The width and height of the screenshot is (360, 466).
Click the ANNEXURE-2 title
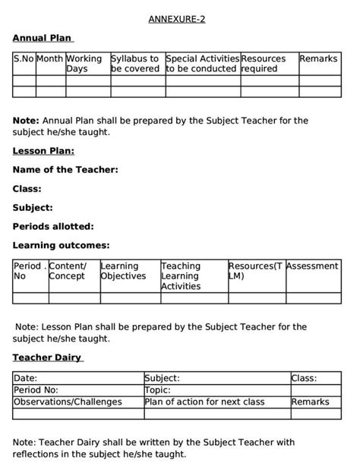177,19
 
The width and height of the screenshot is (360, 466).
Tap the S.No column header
24,58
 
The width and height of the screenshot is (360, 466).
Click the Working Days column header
84,64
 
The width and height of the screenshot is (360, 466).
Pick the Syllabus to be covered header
135,64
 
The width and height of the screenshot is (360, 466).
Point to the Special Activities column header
201,64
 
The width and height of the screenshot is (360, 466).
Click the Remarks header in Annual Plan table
318,58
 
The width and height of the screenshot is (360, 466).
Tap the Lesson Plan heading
43,150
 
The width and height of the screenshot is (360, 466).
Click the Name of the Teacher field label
65,169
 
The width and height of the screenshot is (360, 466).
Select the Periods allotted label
53,226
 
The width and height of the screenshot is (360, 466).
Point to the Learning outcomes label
61,245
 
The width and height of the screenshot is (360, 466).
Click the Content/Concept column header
68,271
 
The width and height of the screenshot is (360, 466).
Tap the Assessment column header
312,266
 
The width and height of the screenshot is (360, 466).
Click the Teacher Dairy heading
47,357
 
